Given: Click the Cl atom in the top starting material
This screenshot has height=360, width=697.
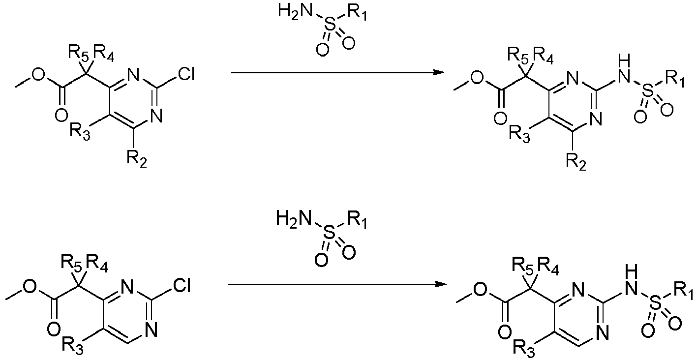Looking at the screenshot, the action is [186, 75].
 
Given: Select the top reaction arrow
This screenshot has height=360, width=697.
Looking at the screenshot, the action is [337, 72].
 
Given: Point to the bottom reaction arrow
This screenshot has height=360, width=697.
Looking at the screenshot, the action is [337, 284].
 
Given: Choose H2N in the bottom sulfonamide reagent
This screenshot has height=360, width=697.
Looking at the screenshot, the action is [294, 218].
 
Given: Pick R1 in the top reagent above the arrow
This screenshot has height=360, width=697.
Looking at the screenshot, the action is [357, 13].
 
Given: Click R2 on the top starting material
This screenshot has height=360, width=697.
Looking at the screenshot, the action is [137, 159].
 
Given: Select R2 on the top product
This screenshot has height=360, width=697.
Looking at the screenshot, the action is [576, 162].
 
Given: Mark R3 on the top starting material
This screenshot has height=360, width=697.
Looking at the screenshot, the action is [80, 132].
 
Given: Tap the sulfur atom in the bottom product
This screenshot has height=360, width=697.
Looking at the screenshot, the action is [655, 304].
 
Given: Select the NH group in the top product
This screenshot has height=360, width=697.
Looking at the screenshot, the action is [625, 70].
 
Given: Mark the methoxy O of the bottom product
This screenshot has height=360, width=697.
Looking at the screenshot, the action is [481, 290].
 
